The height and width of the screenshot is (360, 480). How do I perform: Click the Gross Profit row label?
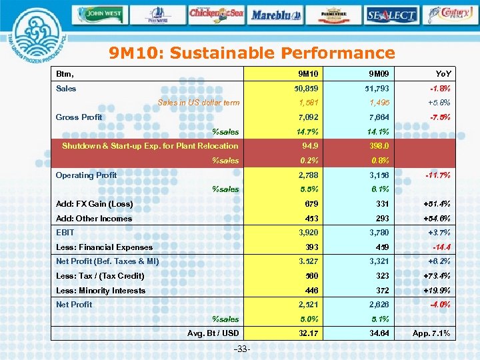coord(79,117)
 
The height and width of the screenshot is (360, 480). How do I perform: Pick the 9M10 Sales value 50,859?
coord(307,89)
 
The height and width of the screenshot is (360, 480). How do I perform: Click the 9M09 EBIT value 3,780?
coord(377,233)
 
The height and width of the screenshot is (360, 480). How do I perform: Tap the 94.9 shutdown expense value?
coord(309,146)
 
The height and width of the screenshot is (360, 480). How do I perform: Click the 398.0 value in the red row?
coord(377,146)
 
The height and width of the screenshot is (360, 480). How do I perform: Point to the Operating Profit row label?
coord(86,175)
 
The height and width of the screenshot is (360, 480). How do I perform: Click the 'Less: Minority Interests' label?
coord(101,291)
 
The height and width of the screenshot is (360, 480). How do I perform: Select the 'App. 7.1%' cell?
coord(431,333)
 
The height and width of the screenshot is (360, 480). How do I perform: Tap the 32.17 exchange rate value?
coord(308,333)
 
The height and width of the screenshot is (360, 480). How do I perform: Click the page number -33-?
coord(243,349)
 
